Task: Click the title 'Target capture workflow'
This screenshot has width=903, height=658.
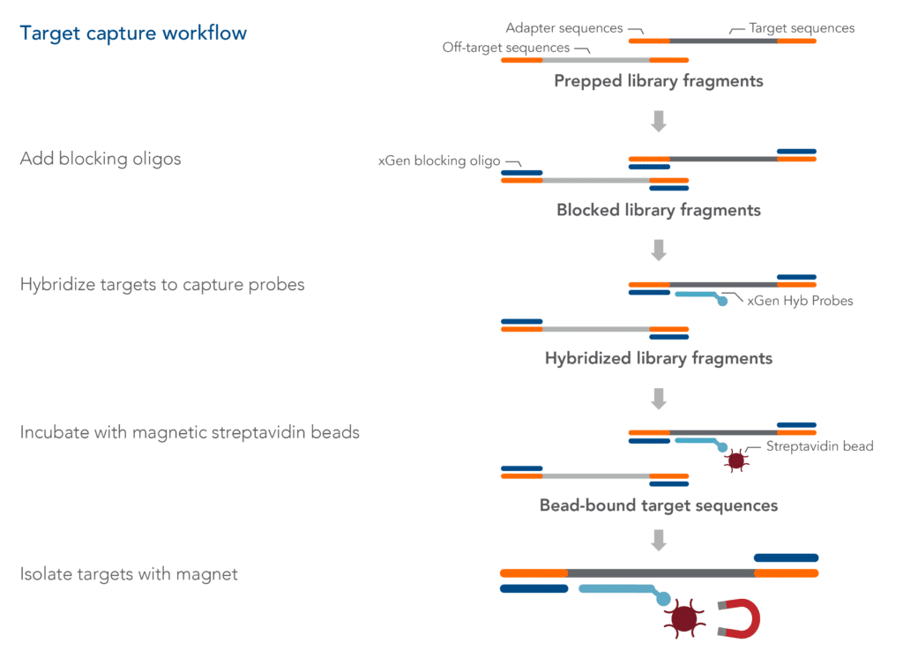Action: pyautogui.click(x=133, y=34)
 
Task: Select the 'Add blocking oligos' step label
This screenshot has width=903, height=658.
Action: pyautogui.click(x=101, y=160)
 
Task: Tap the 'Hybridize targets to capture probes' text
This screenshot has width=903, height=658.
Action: pyautogui.click(x=162, y=285)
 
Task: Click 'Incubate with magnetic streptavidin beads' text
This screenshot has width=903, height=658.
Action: pyautogui.click(x=190, y=432)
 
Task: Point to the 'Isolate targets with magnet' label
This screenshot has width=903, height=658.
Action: pyautogui.click(x=129, y=574)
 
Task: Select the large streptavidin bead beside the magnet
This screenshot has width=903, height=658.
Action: pyautogui.click(x=684, y=619)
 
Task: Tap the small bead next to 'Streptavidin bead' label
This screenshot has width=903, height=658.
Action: pyautogui.click(x=734, y=460)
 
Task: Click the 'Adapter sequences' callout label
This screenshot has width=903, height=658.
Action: pyautogui.click(x=564, y=28)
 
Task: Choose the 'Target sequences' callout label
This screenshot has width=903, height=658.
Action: pyautogui.click(x=802, y=28)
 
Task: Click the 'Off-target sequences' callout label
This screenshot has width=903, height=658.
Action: pyautogui.click(x=506, y=48)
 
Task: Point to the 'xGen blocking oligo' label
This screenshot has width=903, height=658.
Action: pyautogui.click(x=439, y=161)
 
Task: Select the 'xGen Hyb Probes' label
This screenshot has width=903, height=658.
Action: pyautogui.click(x=800, y=301)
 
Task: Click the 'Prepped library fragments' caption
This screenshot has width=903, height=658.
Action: pyautogui.click(x=659, y=81)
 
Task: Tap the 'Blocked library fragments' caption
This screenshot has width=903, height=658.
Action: pyautogui.click(x=659, y=211)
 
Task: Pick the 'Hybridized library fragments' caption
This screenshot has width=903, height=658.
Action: pyautogui.click(x=659, y=358)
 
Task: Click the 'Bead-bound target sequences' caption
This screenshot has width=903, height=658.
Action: pyautogui.click(x=659, y=505)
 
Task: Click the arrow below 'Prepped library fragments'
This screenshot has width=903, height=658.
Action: pyautogui.click(x=658, y=121)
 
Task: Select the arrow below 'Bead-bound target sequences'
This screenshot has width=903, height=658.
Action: pyautogui.click(x=658, y=539)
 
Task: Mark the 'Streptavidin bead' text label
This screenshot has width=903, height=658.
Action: pyautogui.click(x=819, y=446)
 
